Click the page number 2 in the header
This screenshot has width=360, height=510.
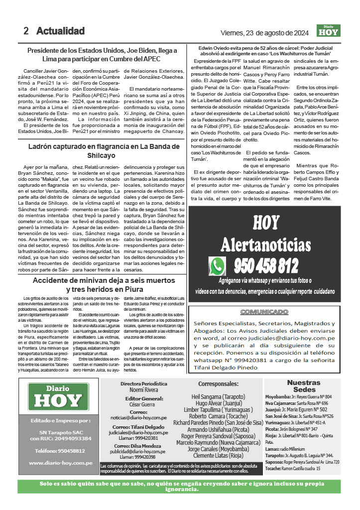click(26, 31)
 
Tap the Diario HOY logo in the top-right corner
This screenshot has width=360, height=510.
click(329, 31)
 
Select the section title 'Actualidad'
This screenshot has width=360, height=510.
click(60, 31)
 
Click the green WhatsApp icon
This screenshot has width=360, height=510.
click(218, 266)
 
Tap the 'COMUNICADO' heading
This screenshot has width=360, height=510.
click(265, 312)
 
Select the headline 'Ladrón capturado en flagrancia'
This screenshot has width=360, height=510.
click(103, 150)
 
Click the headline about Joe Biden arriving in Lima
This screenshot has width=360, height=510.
click(102, 54)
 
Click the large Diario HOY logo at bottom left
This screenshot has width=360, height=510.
click(58, 396)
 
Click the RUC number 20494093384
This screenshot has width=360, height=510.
click(67, 438)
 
